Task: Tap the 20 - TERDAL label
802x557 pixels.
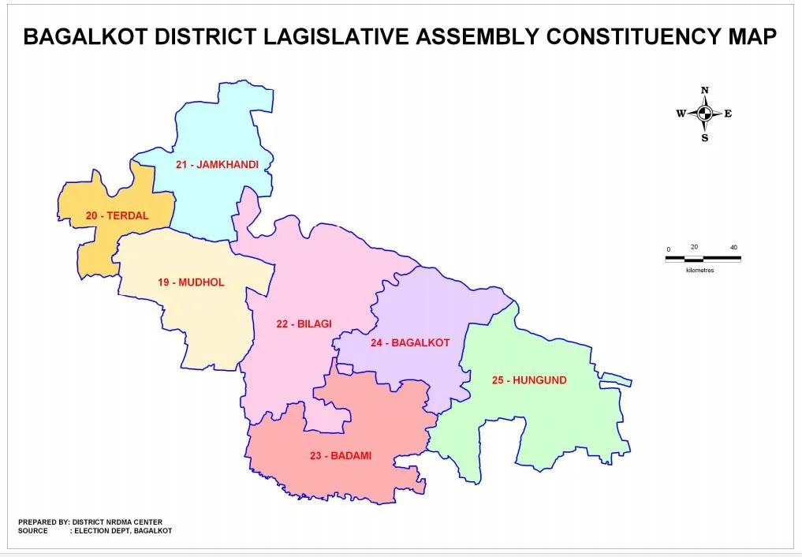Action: coord(117,215)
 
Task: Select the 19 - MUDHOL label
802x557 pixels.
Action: coord(191,282)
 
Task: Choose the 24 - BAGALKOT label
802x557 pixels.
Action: coord(410,342)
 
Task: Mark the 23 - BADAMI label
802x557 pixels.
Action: coord(341,455)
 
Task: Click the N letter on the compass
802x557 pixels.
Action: coord(705,91)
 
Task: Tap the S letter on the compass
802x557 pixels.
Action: coord(705,138)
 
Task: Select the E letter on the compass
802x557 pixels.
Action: coord(728,114)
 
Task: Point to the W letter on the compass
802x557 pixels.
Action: coord(681,114)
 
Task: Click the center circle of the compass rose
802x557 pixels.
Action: coord(705,114)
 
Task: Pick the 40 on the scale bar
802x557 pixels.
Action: coord(733,248)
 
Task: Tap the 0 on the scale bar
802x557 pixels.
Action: coord(668,249)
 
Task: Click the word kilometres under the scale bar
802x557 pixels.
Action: coord(699,270)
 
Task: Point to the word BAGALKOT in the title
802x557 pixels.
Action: coord(89,36)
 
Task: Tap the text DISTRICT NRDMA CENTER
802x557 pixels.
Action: coord(118,521)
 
